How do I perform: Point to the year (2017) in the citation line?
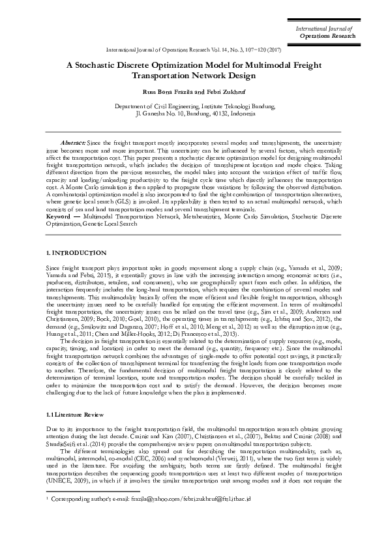click(x=275, y=50)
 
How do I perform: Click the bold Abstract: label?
click(x=73, y=142)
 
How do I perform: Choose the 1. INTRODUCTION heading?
click(x=76, y=252)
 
